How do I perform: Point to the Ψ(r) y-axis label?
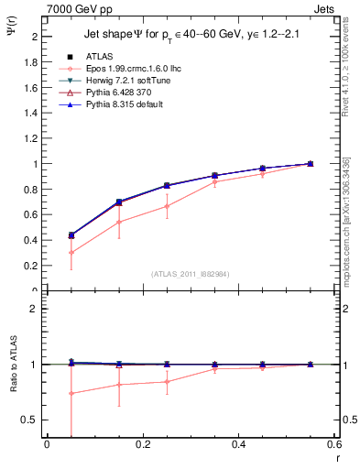(x=11, y=34)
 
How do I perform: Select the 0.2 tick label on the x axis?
(x=143, y=444)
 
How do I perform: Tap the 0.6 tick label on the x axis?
(x=333, y=444)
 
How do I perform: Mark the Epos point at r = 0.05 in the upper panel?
(x=71, y=253)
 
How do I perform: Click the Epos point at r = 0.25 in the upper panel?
(x=167, y=206)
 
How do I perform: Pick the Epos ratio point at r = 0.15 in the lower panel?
(x=119, y=385)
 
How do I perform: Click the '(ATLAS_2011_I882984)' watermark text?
(x=191, y=273)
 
